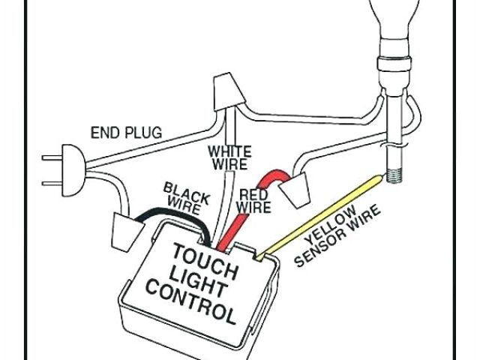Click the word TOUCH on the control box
coord(206,255)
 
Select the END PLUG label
coord(126,133)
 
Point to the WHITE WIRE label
coord(230,157)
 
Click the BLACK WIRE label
coord(186,195)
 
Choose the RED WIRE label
coord(255,200)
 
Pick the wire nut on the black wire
coord(122,229)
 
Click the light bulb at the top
coord(398,19)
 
